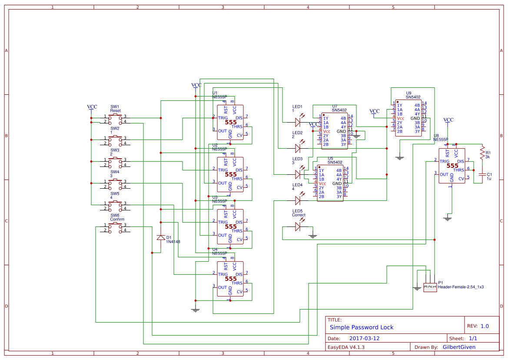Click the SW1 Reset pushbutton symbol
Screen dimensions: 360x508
point(115,119)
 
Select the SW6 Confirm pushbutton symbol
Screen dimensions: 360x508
point(115,227)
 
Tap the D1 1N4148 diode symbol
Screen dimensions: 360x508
point(161,237)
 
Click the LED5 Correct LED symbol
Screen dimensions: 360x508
point(298,226)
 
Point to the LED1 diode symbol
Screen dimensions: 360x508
point(298,122)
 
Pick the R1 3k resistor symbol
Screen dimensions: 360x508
point(482,153)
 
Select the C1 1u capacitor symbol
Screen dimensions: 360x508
point(482,174)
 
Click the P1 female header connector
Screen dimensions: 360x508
point(430,287)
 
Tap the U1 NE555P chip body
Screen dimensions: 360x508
point(230,123)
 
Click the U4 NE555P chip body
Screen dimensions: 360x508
point(230,279)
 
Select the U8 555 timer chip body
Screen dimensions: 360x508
point(452,166)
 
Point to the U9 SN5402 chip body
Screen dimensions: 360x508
point(408,118)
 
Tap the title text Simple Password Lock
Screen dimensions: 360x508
point(361,327)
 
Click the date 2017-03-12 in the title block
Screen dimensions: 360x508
point(364,338)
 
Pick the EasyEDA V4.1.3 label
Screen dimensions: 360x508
point(346,347)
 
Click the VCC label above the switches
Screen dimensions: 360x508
point(92,107)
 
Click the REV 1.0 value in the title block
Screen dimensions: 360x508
point(485,326)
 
